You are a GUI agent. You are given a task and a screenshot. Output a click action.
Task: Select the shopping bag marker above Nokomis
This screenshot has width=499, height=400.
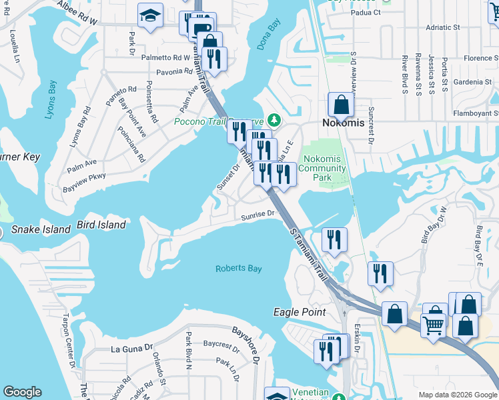[342, 105]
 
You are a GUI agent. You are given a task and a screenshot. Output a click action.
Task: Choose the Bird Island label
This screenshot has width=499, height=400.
[101, 225]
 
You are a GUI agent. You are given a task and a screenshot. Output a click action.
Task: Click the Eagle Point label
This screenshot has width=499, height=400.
[300, 312]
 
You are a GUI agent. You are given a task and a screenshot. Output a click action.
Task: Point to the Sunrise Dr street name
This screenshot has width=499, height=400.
[258, 214]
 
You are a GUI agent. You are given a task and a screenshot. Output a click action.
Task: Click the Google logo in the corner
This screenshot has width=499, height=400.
[22, 392]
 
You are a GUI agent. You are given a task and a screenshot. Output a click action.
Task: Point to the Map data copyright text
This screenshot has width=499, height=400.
[458, 395]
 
